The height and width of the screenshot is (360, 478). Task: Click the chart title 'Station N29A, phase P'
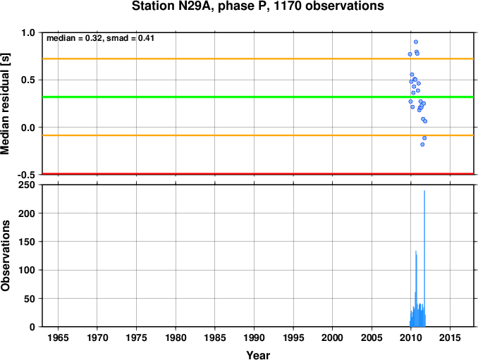coord(257,7)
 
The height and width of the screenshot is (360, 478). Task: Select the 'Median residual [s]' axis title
coord(7,103)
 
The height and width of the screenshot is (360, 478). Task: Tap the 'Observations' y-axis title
coord(7,256)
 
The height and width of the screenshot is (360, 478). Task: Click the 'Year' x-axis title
coord(258,355)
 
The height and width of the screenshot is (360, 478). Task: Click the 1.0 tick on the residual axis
coord(28,33)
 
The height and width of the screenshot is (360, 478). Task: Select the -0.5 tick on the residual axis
coord(26,175)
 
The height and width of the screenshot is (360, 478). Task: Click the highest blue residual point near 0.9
coord(416,42)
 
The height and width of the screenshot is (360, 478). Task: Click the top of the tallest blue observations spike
coord(424,191)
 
